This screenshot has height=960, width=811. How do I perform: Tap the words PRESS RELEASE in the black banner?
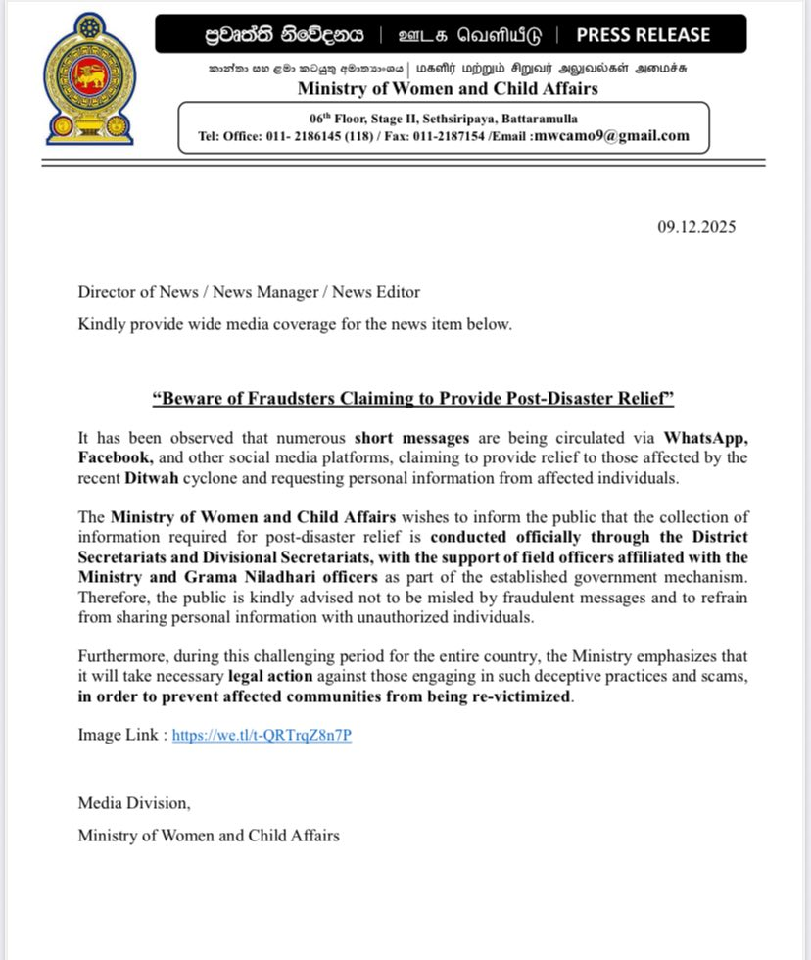643,35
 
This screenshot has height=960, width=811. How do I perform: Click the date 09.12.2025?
696,227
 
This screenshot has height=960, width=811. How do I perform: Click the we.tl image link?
262,734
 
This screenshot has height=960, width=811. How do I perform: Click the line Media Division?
134,802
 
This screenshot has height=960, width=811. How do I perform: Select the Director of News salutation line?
249,291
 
